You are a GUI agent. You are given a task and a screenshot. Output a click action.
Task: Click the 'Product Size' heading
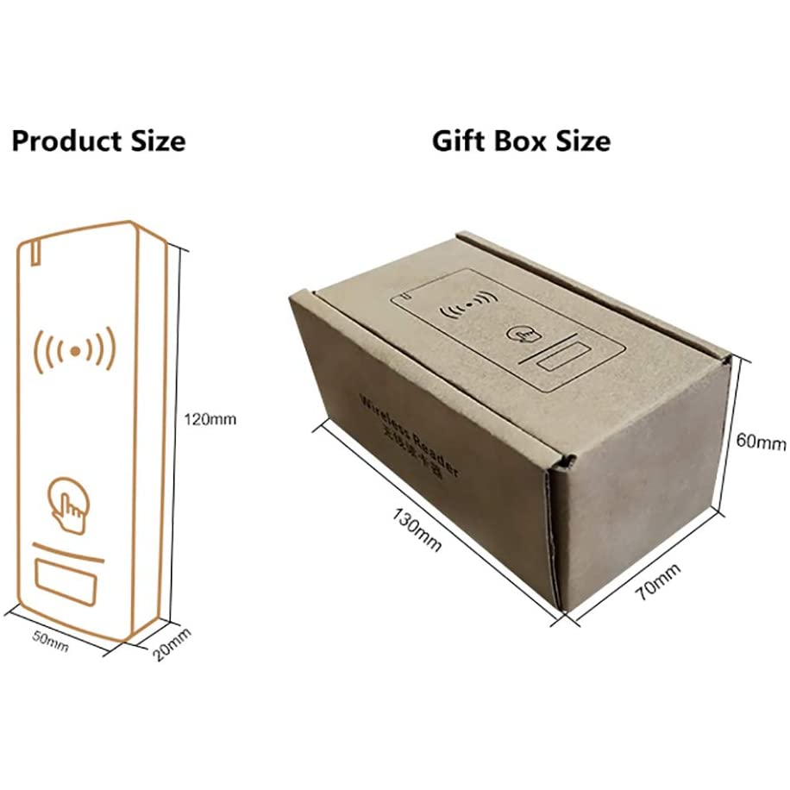(x=98, y=140)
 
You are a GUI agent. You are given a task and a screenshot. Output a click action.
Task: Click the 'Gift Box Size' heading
(x=521, y=140)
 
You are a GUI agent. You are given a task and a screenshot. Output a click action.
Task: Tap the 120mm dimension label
(x=210, y=420)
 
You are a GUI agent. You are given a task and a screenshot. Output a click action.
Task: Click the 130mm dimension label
(x=417, y=530)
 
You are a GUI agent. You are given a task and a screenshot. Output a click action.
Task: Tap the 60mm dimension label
(x=761, y=442)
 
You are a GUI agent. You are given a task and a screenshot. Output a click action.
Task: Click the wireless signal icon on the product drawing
(x=74, y=350)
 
